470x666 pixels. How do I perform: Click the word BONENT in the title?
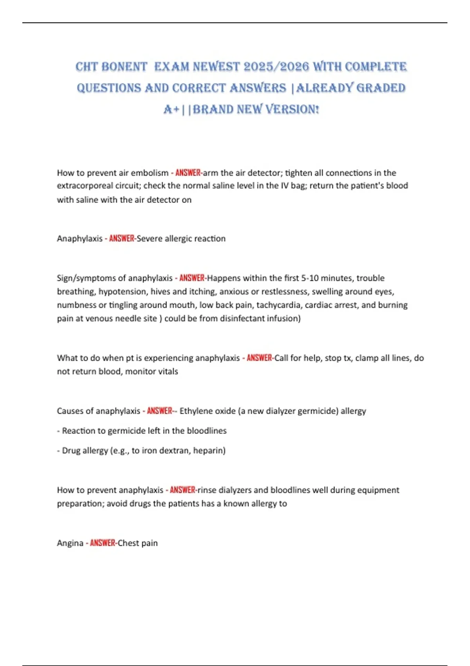click(124, 67)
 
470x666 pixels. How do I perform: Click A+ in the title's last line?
click(172, 109)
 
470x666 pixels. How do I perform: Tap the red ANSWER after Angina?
click(103, 543)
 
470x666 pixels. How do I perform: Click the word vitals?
click(168, 371)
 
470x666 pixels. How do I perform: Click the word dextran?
click(173, 451)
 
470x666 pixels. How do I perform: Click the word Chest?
click(128, 543)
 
